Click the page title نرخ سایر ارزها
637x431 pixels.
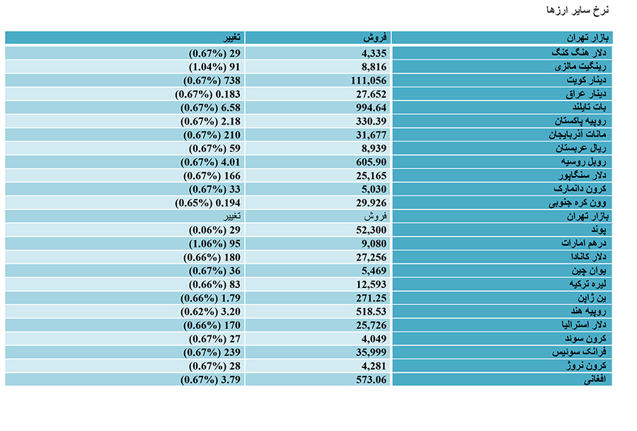tap(578, 10)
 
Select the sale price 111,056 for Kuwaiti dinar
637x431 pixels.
tap(369, 81)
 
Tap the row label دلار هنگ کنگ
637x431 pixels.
tap(579, 53)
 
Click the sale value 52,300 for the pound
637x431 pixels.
tap(372, 230)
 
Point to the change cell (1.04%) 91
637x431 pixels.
tap(214, 67)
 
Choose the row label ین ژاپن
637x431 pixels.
tap(592, 298)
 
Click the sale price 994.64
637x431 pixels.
tap(372, 108)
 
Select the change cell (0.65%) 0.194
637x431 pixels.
tap(207, 203)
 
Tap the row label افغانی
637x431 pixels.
tap(595, 380)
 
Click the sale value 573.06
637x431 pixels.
tap(372, 380)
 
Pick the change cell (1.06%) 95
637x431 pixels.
tap(214, 243)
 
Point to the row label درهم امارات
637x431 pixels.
tap(584, 243)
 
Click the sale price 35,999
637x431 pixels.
tap(372, 352)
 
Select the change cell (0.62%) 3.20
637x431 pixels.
tap(210, 312)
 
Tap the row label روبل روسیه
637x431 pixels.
tap(584, 162)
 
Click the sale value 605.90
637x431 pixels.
tap(372, 163)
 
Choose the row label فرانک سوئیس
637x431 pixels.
tap(579, 352)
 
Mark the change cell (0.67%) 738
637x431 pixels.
tap(212, 81)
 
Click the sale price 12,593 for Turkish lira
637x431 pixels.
tap(372, 285)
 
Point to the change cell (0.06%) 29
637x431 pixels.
tap(214, 230)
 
